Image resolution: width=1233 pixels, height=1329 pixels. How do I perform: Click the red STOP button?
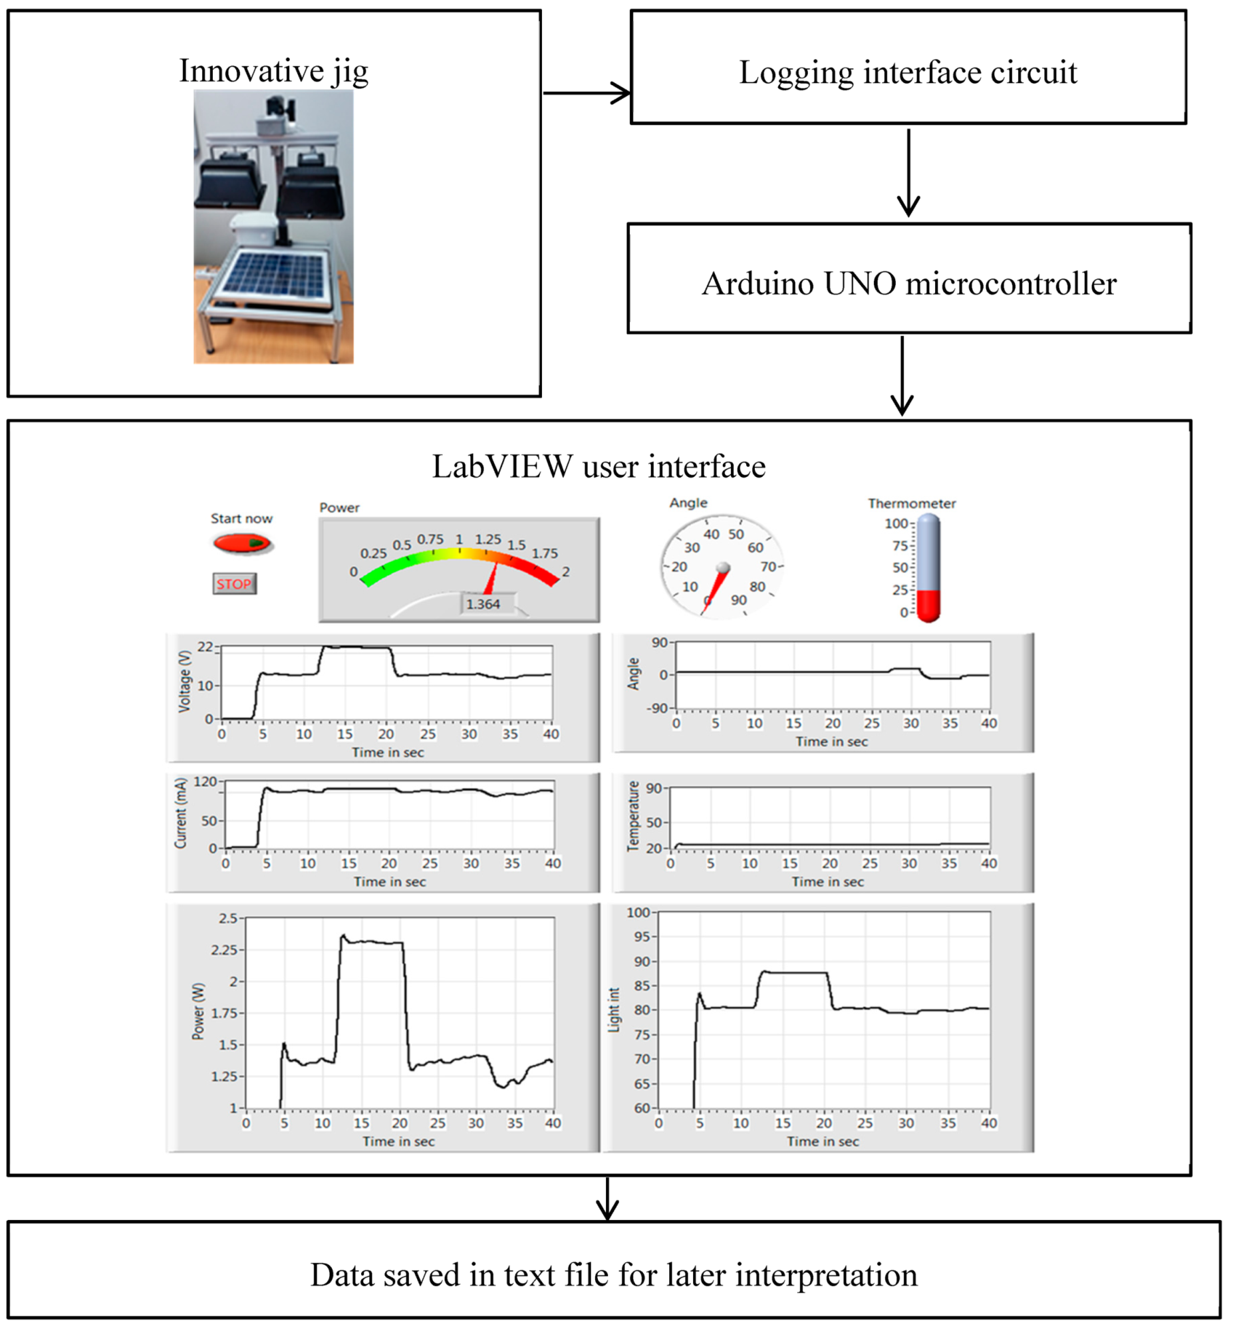(x=234, y=584)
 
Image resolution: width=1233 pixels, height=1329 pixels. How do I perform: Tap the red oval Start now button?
(x=241, y=543)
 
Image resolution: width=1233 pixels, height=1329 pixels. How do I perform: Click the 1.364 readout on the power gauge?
(x=483, y=604)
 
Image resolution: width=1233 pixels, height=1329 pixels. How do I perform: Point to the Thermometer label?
(x=911, y=504)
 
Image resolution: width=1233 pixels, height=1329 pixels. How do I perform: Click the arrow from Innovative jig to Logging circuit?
(x=587, y=92)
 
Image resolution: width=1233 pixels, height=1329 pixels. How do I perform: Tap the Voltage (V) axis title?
(x=185, y=681)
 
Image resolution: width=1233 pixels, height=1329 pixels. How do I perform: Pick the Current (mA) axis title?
(x=181, y=813)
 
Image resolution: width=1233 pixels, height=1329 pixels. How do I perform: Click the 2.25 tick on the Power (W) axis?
(x=224, y=949)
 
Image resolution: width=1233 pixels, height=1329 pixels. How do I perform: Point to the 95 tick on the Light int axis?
(x=641, y=937)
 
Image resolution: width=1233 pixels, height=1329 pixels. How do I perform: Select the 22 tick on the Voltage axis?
(x=205, y=647)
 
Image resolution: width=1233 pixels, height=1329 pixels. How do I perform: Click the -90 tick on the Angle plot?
(x=656, y=708)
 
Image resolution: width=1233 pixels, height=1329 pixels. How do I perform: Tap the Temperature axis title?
(x=633, y=816)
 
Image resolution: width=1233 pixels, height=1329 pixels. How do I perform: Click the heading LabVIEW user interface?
(x=599, y=466)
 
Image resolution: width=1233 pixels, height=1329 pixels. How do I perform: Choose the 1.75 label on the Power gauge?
(x=545, y=553)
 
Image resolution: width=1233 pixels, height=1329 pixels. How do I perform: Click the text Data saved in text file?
(x=613, y=1275)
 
